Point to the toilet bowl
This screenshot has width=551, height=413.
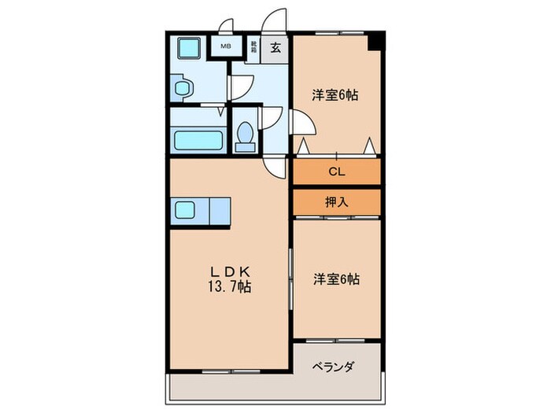pos(246,135)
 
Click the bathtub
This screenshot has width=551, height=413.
pos(197,142)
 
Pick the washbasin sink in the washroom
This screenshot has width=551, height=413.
pos(183,88)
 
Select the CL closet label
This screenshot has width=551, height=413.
pos(336,171)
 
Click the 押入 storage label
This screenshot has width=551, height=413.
pos(336,201)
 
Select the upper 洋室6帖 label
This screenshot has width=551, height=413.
pos(335,95)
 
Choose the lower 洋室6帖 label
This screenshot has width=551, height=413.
pos(335,278)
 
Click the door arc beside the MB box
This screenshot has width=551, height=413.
pos(225,25)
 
